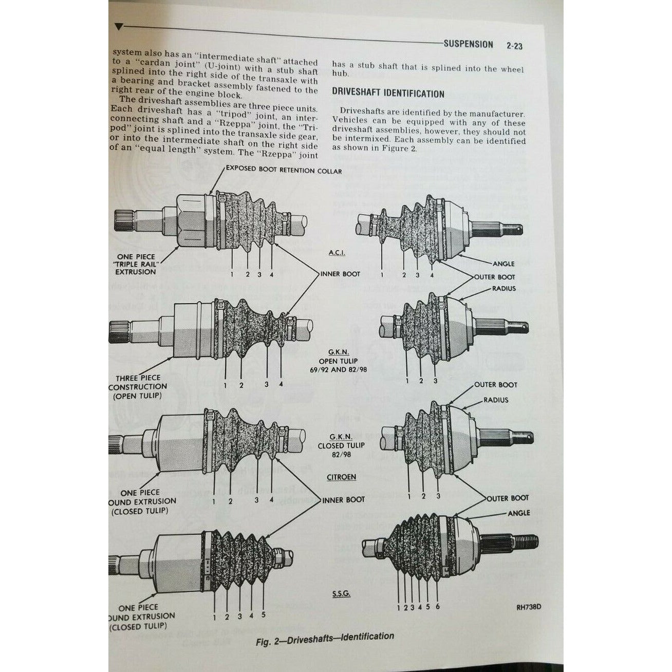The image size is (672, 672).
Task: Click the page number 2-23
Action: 514,46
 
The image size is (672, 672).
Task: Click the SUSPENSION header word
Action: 468,45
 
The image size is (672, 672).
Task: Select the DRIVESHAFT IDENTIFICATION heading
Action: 388,94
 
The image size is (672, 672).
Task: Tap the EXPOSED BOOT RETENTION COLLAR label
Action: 284,171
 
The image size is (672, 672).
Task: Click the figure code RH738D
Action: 529,606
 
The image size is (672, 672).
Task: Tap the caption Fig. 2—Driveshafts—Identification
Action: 325,638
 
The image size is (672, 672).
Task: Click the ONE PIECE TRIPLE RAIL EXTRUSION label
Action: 135,264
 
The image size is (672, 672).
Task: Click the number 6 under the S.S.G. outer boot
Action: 438,607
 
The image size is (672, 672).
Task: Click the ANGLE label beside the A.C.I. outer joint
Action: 503,264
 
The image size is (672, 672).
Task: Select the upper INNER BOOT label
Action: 340,274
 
